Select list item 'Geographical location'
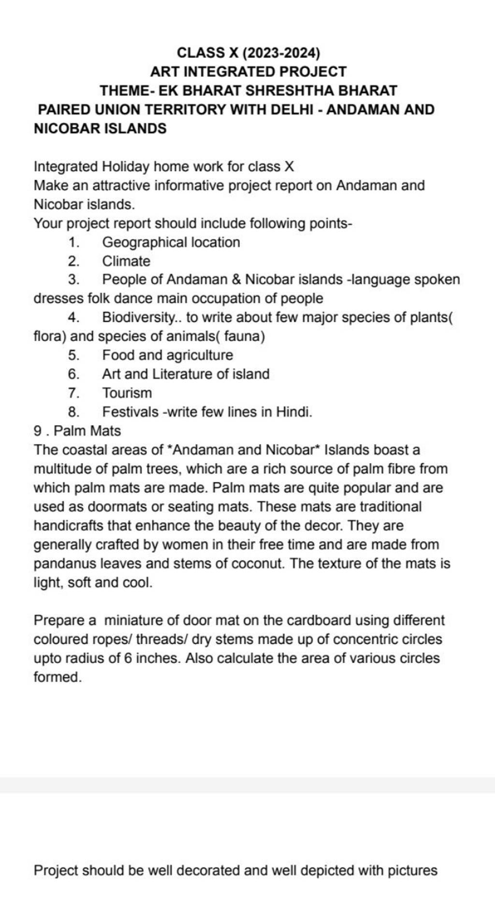click(171, 242)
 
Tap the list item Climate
click(126, 261)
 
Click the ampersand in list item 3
click(236, 280)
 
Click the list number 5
click(73, 355)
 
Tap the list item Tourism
click(127, 393)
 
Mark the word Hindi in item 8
click(293, 412)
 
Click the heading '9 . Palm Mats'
click(77, 430)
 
